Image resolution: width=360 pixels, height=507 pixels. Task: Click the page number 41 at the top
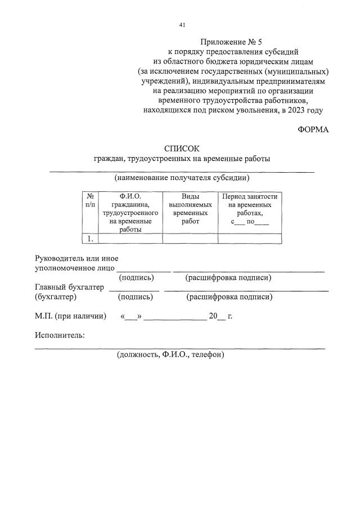coord(182,25)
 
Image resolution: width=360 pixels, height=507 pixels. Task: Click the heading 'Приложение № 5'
coord(231,42)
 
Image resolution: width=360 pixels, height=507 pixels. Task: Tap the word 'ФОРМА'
coord(313,129)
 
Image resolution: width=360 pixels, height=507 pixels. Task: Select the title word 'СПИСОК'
coord(182,149)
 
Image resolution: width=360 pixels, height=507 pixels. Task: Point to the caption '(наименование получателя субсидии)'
coord(182,178)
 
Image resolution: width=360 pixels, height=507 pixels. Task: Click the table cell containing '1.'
coord(90,239)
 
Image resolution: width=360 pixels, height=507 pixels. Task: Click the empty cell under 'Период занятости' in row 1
coord(250,239)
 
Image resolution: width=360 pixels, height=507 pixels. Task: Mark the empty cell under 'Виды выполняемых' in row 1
coord(190,239)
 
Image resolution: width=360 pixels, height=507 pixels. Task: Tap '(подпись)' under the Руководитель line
coord(136,277)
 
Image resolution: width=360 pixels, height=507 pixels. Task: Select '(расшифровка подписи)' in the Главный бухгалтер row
coord(230,297)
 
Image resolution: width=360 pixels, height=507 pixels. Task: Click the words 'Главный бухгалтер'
coord(69,287)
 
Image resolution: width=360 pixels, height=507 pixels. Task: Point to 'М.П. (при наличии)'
coord(70,316)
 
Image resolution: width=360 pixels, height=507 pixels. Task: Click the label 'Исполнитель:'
coord(60,335)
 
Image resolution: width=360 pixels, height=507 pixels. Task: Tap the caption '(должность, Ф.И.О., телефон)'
coord(170,355)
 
